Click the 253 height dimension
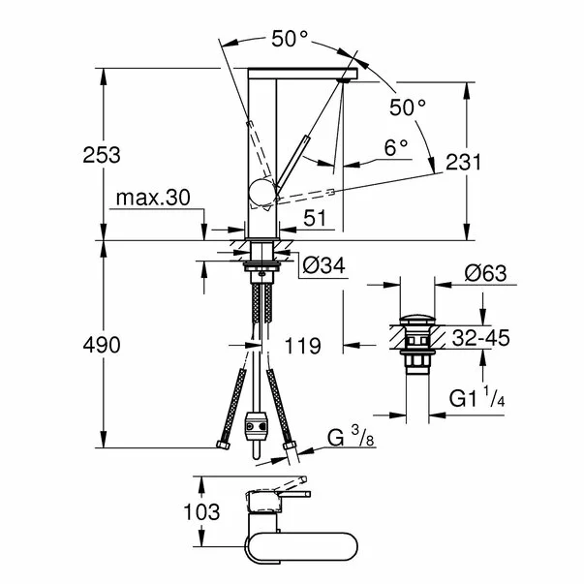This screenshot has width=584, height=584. [102, 155]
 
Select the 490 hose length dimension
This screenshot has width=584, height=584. [102, 345]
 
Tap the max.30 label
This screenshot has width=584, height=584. [152, 199]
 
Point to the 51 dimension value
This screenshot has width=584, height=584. [315, 219]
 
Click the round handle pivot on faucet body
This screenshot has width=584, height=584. [261, 194]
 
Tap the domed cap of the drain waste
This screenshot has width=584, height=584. [417, 319]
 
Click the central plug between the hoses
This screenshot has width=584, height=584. [258, 427]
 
